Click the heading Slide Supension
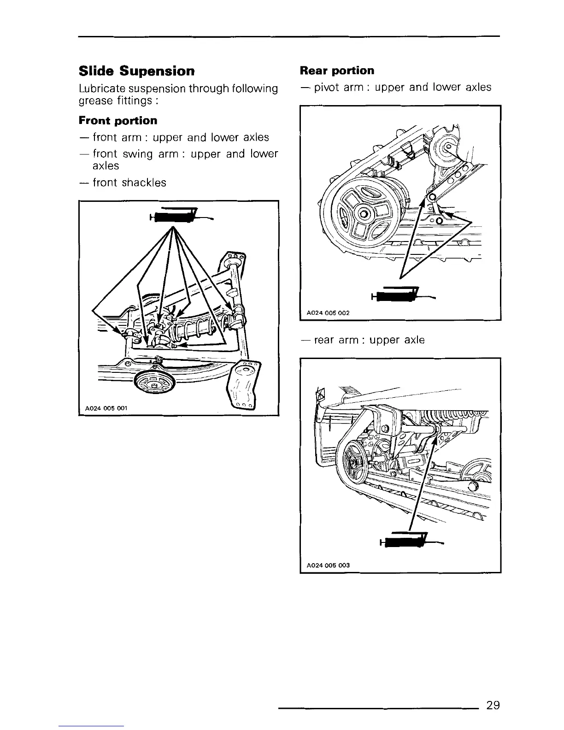(137, 71)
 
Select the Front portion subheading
(118, 121)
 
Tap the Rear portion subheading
(337, 71)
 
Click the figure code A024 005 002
(328, 312)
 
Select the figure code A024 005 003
(328, 565)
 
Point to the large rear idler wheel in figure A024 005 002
(364, 215)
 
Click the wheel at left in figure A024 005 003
(353, 461)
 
